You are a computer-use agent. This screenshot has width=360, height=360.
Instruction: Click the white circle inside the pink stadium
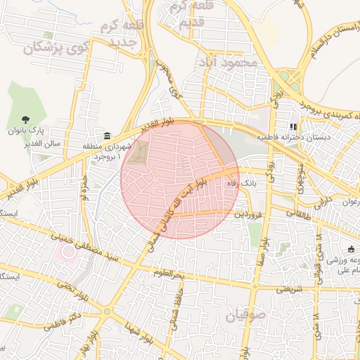point(67,254)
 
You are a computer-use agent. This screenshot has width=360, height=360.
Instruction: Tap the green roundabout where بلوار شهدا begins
point(106,311)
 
